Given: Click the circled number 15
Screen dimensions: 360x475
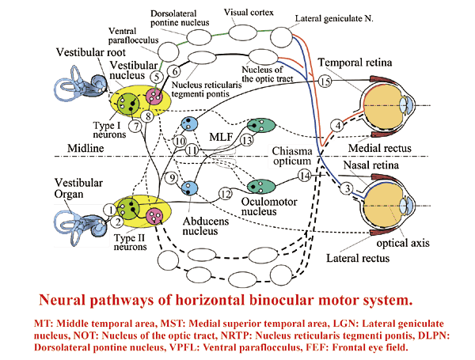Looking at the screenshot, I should [325, 81].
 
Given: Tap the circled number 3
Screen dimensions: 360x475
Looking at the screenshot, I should [345, 188].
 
